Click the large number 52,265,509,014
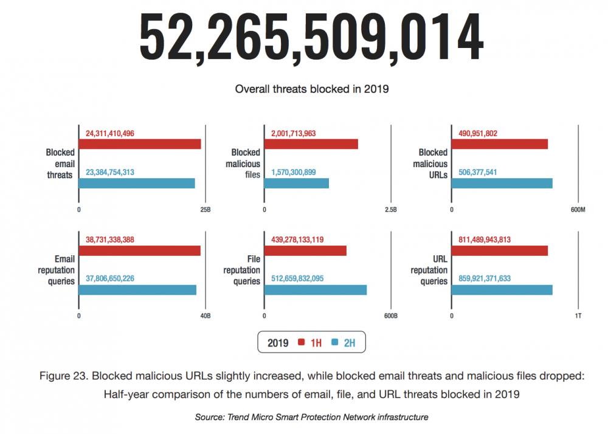[x=311, y=38]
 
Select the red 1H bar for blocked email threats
[x=140, y=144]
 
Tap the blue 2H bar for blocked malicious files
[x=297, y=184]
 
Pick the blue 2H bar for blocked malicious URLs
[x=502, y=184]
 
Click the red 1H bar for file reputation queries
[x=306, y=250]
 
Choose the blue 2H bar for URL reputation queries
[x=502, y=290]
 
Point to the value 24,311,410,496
[x=109, y=133]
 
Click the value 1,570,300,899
[x=294, y=172]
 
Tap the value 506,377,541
[x=478, y=172]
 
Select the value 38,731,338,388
[x=109, y=239]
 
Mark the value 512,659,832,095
[x=297, y=278]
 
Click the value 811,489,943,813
[x=485, y=239]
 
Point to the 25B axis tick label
[x=206, y=210]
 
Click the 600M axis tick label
[x=578, y=210]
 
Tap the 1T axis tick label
[x=578, y=316]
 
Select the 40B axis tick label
[x=206, y=316]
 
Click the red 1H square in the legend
[x=302, y=342]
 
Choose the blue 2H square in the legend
[x=334, y=342]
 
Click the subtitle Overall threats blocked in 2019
[x=312, y=89]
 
